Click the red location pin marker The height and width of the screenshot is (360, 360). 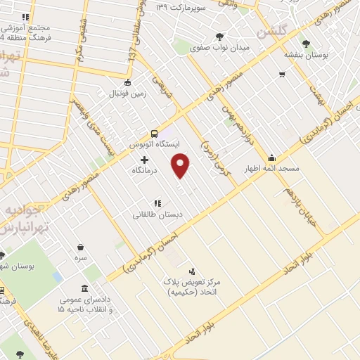coord(181,165)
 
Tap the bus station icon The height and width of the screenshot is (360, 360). coord(154,134)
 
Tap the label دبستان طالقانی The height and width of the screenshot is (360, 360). coord(157,214)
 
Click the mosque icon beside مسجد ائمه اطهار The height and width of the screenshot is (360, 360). coord(271,157)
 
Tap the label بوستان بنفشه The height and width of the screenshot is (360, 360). coord(302,53)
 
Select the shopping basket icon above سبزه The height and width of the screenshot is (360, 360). coord(80,247)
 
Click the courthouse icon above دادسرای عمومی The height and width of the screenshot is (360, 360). coord(84,288)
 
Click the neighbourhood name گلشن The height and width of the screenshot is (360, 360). coord(272,32)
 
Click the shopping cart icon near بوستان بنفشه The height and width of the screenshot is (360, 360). coord(282,74)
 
